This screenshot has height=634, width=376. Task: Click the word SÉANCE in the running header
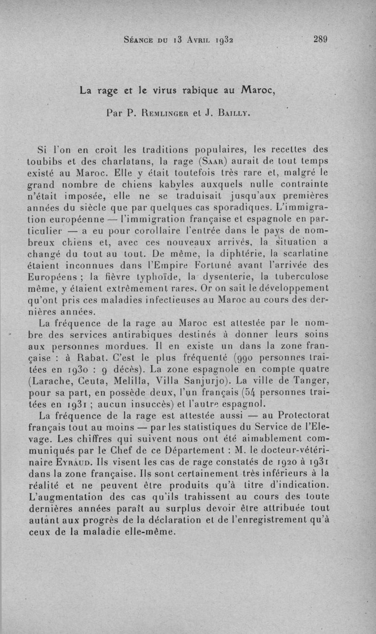pos(141,40)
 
